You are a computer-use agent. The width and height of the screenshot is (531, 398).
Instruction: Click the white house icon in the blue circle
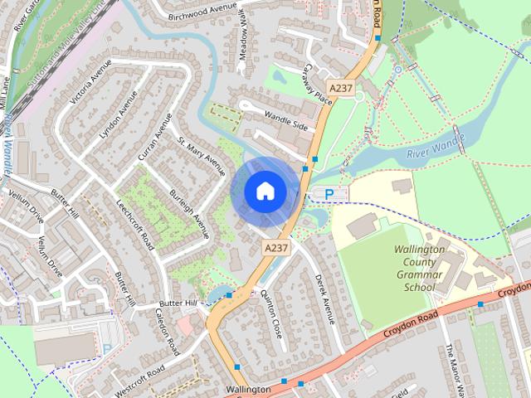point(265,191)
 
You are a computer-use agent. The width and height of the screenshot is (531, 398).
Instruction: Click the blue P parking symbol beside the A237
point(329,194)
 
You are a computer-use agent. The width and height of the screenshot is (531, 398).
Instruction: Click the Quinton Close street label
point(271,314)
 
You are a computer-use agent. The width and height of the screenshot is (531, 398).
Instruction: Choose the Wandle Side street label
point(285,120)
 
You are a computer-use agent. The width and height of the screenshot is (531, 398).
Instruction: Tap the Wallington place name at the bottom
point(247,389)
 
